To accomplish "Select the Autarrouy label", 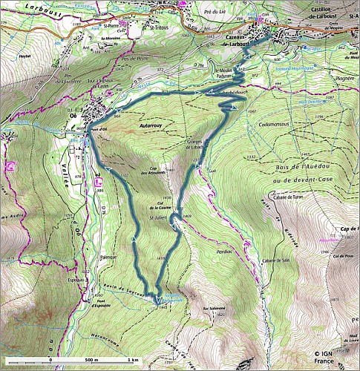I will click(x=152, y=127).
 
